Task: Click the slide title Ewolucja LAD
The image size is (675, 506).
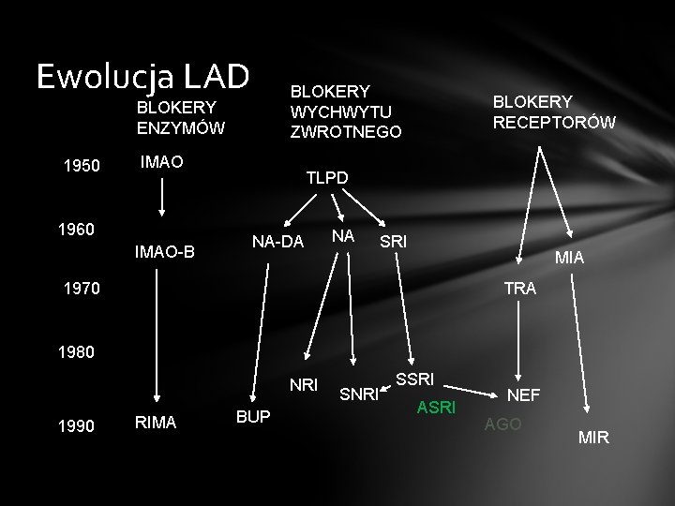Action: click(142, 76)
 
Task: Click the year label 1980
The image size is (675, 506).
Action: click(76, 354)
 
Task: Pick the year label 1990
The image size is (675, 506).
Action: click(76, 425)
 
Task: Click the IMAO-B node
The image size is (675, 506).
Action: click(165, 251)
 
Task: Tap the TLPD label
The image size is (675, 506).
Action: click(327, 177)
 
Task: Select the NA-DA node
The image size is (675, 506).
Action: click(278, 242)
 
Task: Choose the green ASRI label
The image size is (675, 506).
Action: click(437, 407)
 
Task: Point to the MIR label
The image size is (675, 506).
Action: click(593, 437)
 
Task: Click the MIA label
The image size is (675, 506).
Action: click(570, 256)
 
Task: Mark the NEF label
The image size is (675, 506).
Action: click(523, 395)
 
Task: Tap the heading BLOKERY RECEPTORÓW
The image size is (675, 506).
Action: click(554, 112)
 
